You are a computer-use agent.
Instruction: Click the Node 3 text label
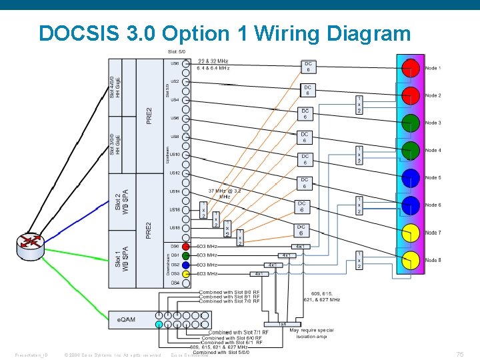pyautogui.click(x=433, y=123)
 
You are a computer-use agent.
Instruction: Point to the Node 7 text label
pyautogui.click(x=433, y=233)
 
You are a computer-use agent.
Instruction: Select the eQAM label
pyautogui.click(x=127, y=319)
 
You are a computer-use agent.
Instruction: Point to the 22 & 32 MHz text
pyautogui.click(x=213, y=61)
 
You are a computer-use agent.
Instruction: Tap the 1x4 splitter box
pyautogui.click(x=283, y=323)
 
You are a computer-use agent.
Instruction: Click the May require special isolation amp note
pyautogui.click(x=312, y=333)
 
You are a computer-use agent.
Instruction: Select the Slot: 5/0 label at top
pyautogui.click(x=176, y=51)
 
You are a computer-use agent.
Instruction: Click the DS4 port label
pyautogui.click(x=175, y=283)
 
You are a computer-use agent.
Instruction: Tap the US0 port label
pyautogui.click(x=175, y=63)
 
